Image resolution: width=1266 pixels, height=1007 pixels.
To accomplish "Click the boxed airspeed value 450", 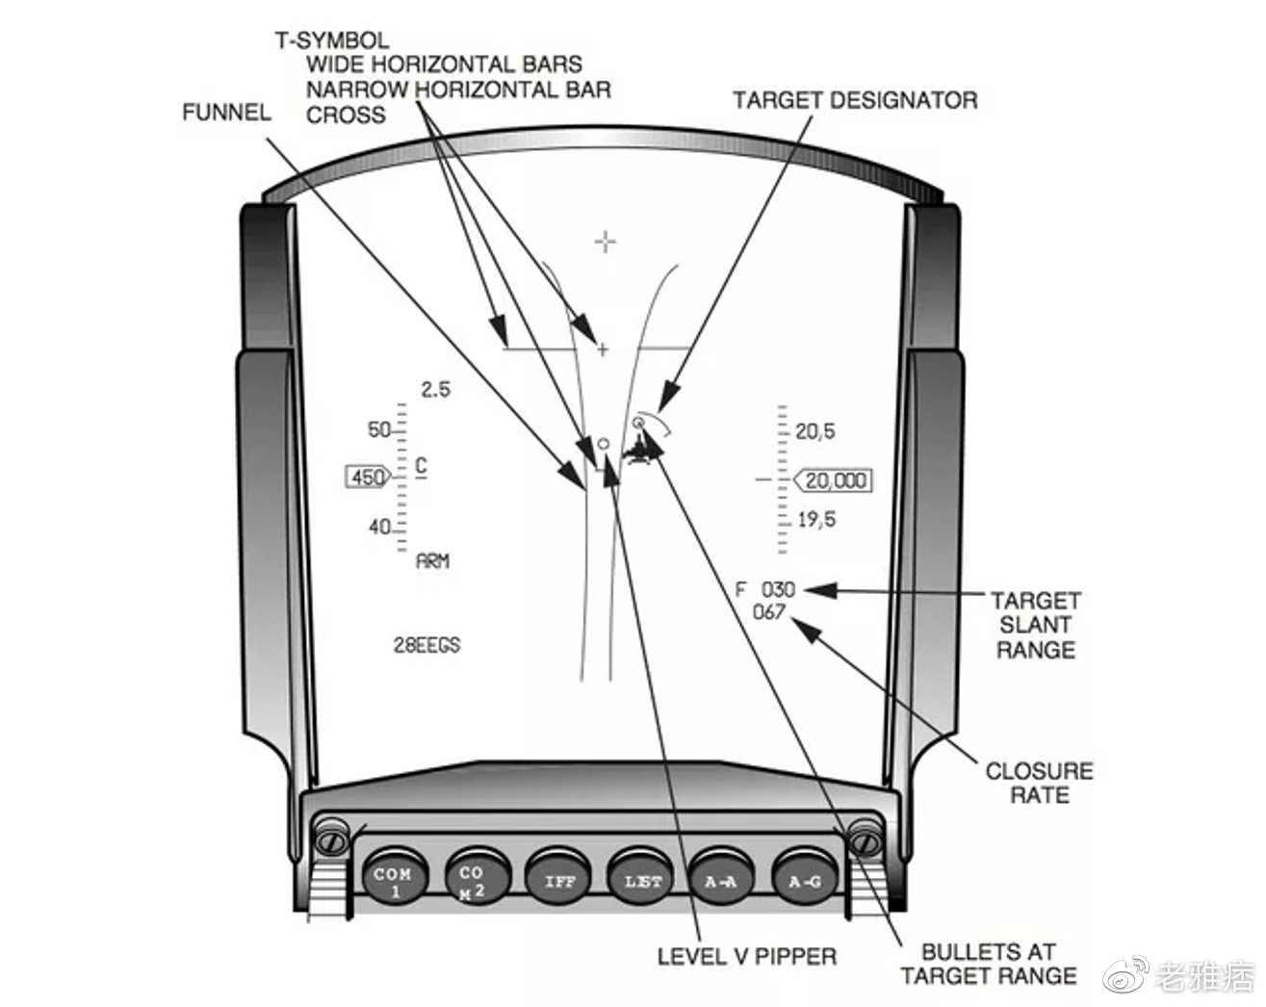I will [x=368, y=478].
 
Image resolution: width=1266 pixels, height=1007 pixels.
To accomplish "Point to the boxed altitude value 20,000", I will [x=836, y=480].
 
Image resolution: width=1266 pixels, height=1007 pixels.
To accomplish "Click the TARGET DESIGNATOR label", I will [x=855, y=100].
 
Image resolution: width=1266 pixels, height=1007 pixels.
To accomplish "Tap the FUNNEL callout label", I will [x=226, y=113].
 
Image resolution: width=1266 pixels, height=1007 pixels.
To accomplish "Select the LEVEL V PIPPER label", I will [x=747, y=956].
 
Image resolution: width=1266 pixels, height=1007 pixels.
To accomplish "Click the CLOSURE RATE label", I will [x=1039, y=783].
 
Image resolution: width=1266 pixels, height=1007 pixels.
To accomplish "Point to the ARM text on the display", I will [x=432, y=561].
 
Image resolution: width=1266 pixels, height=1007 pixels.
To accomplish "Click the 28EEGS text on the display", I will [x=426, y=645].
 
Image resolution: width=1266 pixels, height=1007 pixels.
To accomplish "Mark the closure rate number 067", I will [x=768, y=612].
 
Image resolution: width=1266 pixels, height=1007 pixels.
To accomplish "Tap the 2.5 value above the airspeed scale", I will [x=436, y=390].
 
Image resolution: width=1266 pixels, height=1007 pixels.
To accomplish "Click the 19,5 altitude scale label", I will [x=816, y=520].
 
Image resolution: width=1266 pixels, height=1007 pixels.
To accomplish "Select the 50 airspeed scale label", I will [x=379, y=429].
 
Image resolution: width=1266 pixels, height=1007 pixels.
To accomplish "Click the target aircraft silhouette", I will [x=640, y=451].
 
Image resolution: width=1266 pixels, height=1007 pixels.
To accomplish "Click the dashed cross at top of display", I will [x=605, y=241].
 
